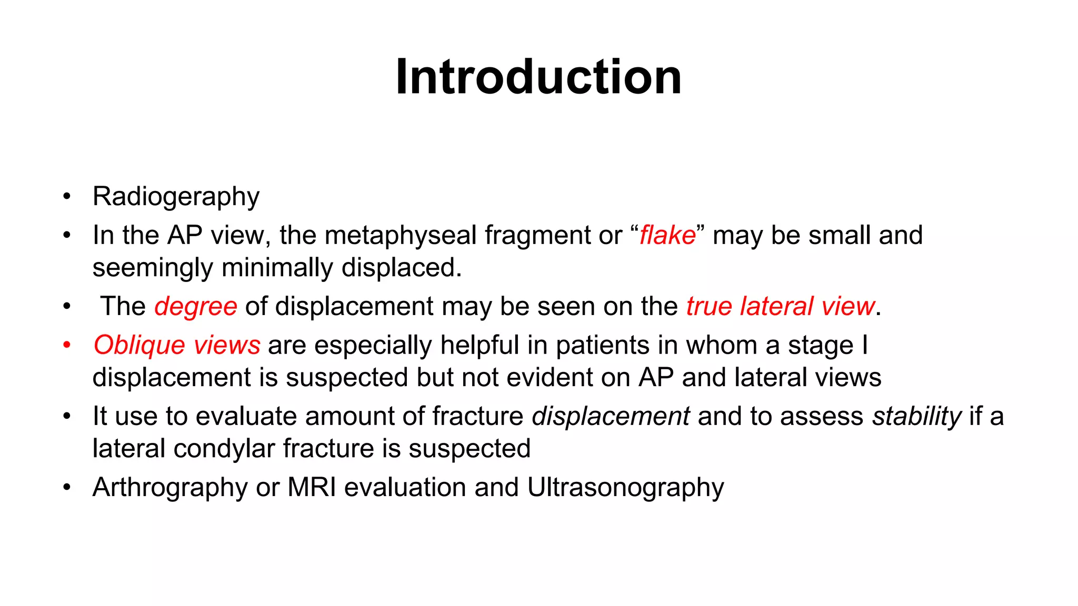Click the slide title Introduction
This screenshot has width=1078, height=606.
[x=538, y=77]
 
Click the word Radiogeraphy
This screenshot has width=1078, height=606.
[x=176, y=197]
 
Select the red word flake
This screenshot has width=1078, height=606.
[x=667, y=235]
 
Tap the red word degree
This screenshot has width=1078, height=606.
[x=195, y=307]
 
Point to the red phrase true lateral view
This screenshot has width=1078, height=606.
[x=780, y=307]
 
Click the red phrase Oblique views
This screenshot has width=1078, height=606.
[x=177, y=346]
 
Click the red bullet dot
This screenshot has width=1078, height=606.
[x=67, y=346]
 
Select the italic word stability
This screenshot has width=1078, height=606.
[x=916, y=417]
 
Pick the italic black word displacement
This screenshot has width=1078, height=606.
[x=611, y=417]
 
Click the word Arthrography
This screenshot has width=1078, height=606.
[x=170, y=488]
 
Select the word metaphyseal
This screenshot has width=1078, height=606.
[x=400, y=235]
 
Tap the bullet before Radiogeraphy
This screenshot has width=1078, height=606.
[x=67, y=197]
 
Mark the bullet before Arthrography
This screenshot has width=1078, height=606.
[x=67, y=488]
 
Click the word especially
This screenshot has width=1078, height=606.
[x=376, y=346]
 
